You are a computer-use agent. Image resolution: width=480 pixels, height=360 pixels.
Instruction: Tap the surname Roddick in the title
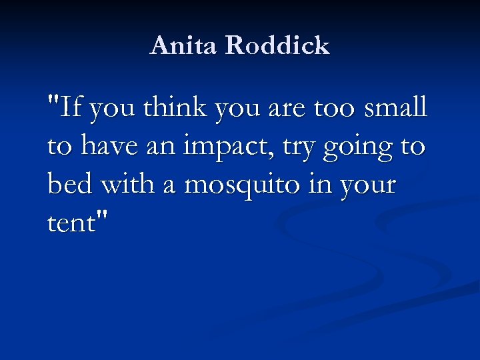278,45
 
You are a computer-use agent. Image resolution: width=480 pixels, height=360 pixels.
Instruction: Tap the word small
396,107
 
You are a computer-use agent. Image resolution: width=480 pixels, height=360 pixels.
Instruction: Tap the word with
126,184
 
